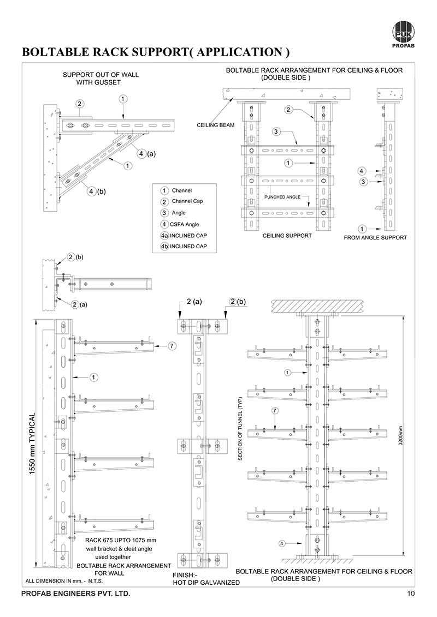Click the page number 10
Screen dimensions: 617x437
click(x=411, y=594)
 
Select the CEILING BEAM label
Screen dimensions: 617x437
click(x=215, y=125)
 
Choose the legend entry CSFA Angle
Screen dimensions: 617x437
click(x=185, y=224)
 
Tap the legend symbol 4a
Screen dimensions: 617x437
click(x=164, y=236)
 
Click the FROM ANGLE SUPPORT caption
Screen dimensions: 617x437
click(x=375, y=238)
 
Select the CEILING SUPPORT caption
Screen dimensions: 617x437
click(x=287, y=236)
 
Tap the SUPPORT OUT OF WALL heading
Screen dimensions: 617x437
click(x=101, y=75)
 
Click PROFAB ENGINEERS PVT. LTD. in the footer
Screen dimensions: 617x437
click(x=75, y=594)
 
